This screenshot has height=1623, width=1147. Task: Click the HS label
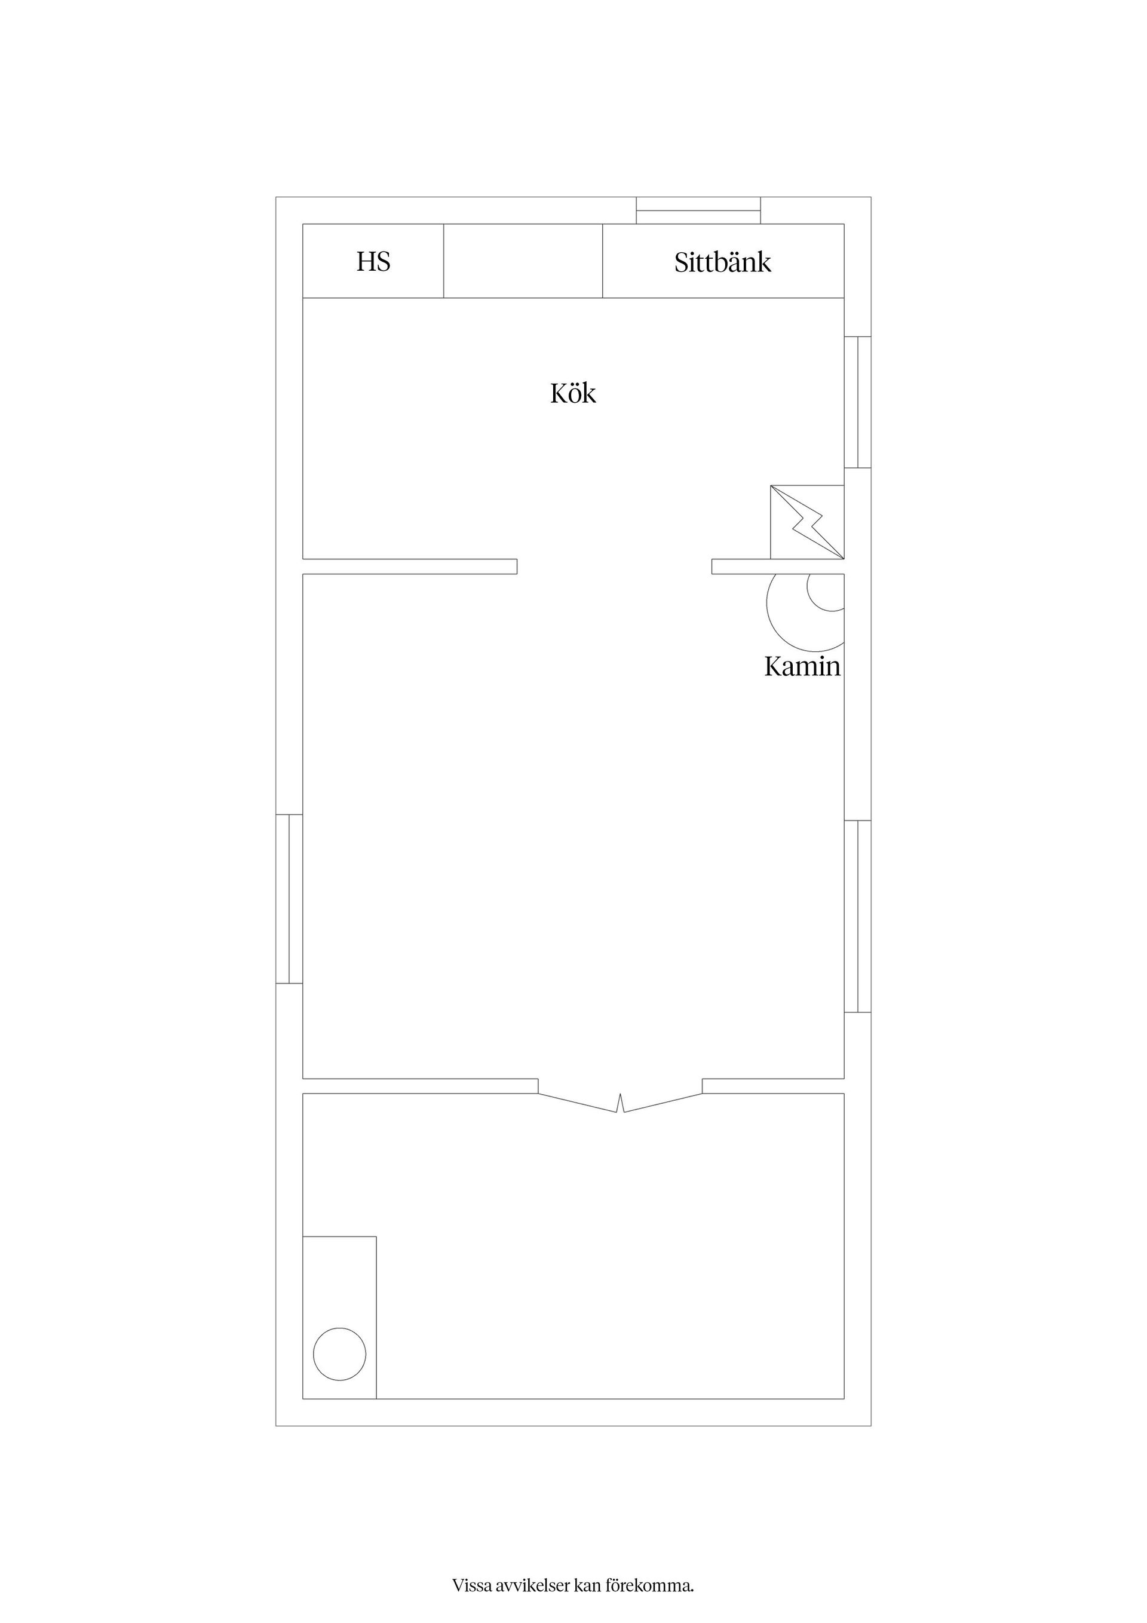coord(373,262)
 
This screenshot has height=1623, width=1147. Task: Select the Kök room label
coord(573,393)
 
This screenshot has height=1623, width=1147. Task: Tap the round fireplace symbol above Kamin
coord(806,612)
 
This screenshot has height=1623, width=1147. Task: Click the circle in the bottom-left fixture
coord(340,1353)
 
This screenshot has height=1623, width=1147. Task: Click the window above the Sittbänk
coord(698,211)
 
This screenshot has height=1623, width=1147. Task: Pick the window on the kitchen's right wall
coord(858,402)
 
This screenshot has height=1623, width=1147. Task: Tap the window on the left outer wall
coord(289,899)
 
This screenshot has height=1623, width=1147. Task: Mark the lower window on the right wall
coord(858,916)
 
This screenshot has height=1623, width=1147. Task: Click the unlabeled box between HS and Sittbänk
coord(523,261)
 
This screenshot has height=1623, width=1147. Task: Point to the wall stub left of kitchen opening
coord(410,566)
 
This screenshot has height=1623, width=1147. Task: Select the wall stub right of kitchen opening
coord(778,566)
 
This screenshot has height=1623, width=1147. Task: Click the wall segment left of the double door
coord(421,1086)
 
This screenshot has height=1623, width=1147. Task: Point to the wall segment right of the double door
coord(773,1086)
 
